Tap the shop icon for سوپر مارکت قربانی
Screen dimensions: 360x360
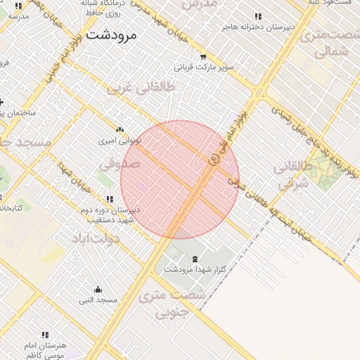203,57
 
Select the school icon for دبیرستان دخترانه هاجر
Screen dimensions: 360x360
257,16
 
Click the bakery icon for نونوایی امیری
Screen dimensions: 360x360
120,130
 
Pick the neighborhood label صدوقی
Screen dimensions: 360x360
120,164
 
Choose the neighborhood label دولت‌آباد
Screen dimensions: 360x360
95,238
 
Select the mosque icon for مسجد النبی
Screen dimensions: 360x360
98,290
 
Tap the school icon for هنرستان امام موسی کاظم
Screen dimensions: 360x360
45,335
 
